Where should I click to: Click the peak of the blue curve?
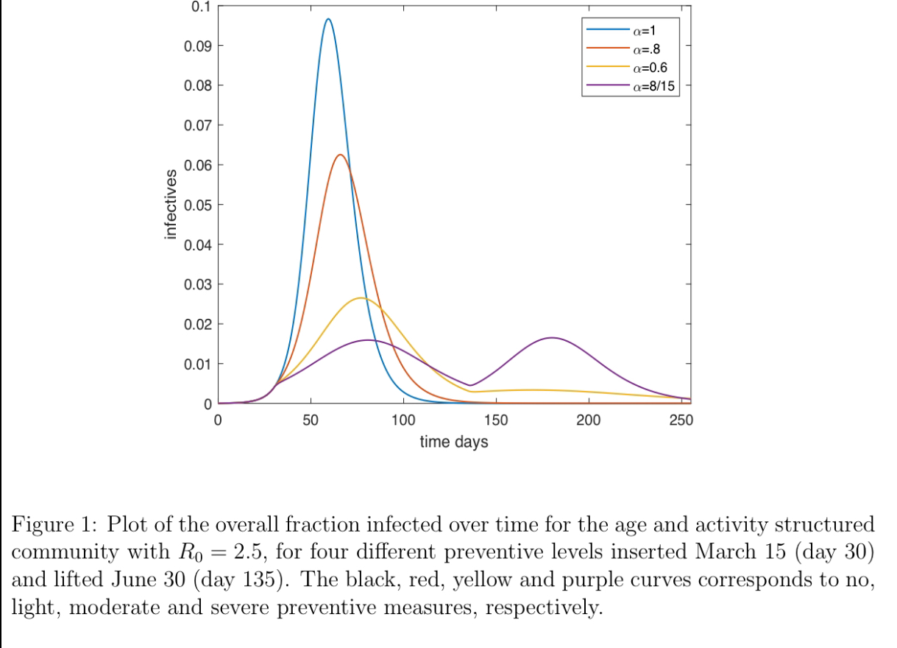[327, 19]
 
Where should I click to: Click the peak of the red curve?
[340, 155]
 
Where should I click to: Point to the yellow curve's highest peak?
[360, 298]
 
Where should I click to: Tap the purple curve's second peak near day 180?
[552, 337]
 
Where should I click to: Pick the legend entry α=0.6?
[646, 68]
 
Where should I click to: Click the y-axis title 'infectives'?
[171, 204]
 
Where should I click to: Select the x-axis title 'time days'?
[454, 442]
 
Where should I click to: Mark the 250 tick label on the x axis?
[681, 420]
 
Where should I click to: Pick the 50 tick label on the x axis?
[311, 420]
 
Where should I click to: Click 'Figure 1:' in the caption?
[56, 525]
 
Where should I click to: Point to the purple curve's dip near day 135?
[470, 385]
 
